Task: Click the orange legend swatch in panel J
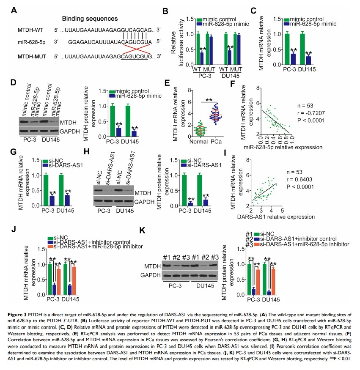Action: pyautogui.click(x=50, y=246)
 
